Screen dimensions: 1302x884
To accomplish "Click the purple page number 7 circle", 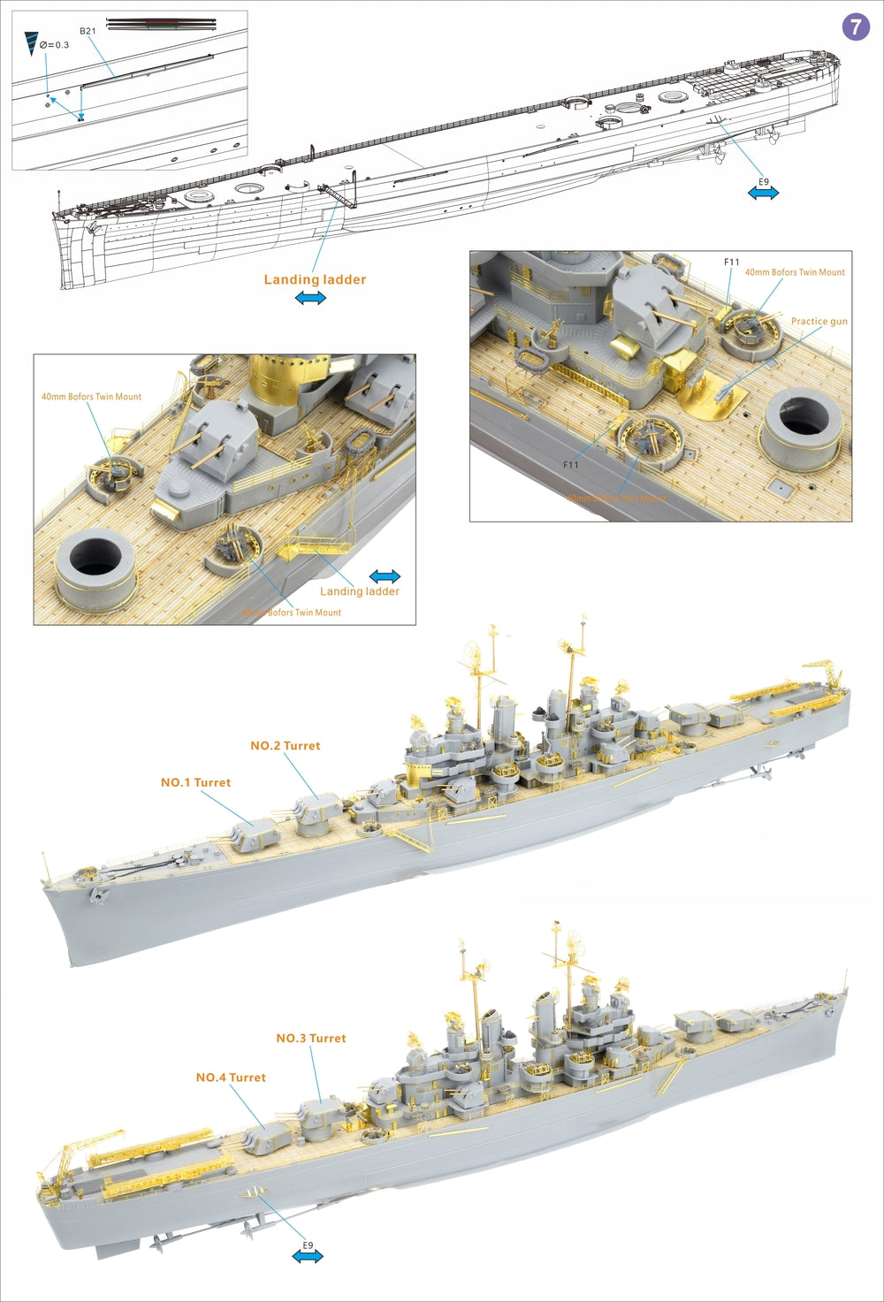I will (855, 27).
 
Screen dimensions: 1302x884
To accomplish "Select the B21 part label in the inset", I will (88, 31).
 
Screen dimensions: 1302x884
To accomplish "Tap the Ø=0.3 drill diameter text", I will (54, 45).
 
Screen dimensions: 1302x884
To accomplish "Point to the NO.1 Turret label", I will (195, 782).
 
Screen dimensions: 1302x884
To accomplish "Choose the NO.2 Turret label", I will (285, 746).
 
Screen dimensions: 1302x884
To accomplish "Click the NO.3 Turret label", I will (310, 1038).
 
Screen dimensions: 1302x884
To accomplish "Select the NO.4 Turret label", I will (231, 1077).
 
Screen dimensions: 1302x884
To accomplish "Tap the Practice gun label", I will (819, 322).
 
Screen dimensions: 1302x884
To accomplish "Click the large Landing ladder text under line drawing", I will (315, 279).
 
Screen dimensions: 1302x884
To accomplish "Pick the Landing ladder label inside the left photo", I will (359, 591).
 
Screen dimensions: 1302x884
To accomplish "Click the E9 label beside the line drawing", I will (764, 182).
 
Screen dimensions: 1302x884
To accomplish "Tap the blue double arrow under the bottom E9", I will (308, 1256).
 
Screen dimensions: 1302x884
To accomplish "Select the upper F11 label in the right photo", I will (731, 263).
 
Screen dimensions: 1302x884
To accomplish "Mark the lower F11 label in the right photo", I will (571, 465).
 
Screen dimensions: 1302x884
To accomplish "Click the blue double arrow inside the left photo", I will (385, 576).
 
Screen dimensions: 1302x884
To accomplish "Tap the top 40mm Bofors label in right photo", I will (794, 272).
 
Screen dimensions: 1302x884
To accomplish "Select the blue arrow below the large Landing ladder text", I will (310, 299).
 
